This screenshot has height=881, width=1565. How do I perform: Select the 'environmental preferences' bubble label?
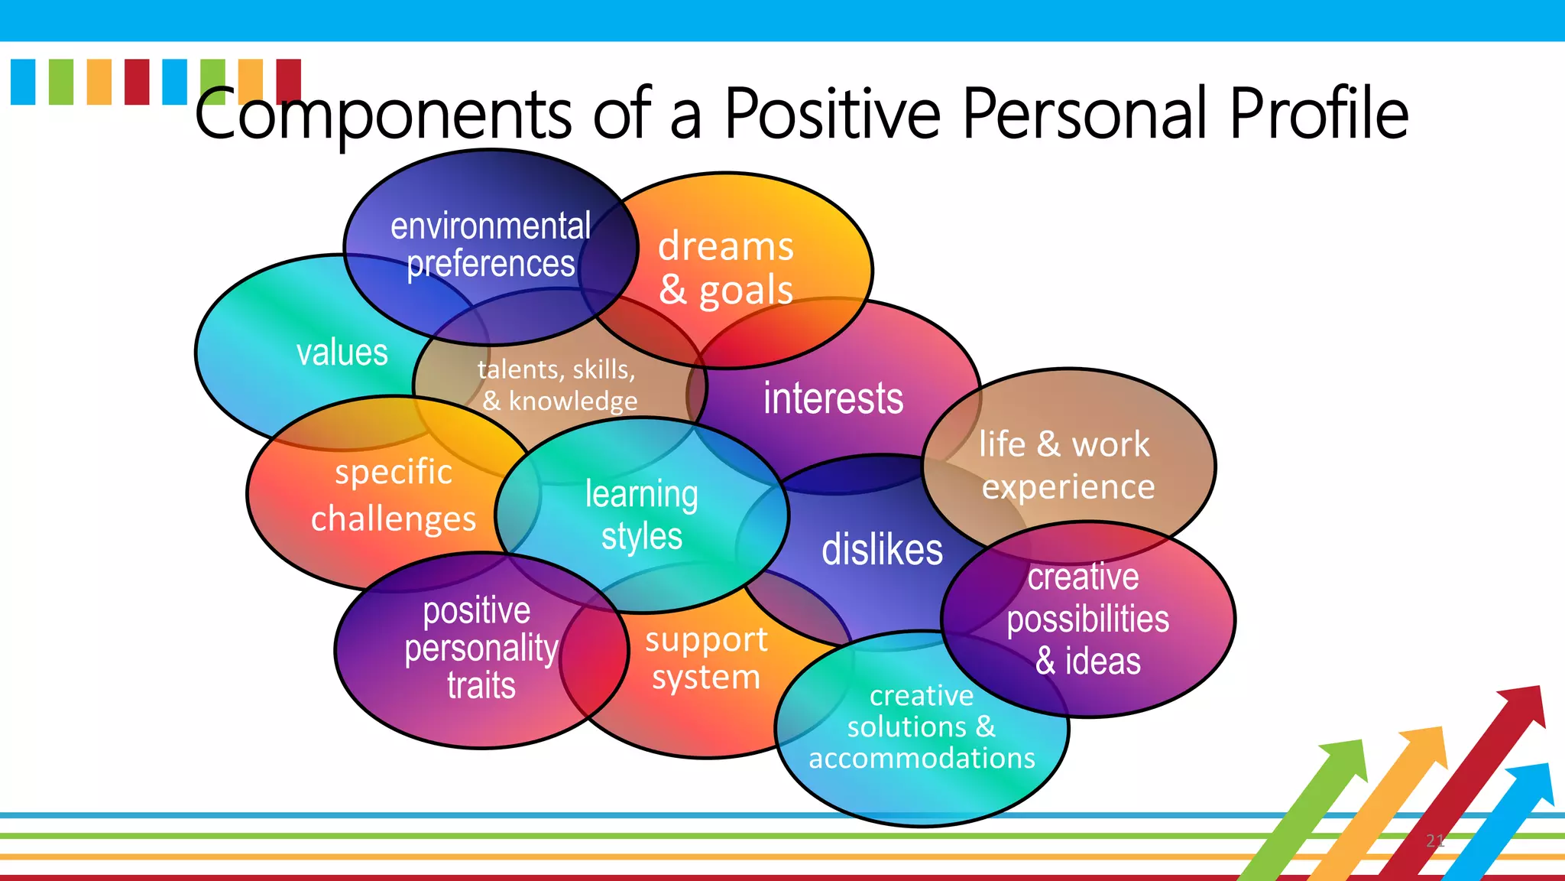tap(491, 245)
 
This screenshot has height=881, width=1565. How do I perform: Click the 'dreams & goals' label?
tap(726, 268)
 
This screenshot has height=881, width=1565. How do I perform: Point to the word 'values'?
tap(342, 353)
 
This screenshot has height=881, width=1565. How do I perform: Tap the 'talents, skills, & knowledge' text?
tap(558, 385)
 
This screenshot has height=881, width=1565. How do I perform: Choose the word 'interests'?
tap(833, 398)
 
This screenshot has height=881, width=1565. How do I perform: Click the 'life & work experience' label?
tap(1067, 465)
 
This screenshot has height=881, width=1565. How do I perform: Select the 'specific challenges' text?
tap(394, 495)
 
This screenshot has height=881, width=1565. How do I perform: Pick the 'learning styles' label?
tap(642, 515)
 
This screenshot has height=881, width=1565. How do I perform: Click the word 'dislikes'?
tap(882, 550)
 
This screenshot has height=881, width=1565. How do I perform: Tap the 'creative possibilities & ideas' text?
tap(1087, 619)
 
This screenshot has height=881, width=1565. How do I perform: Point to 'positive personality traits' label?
tap(480, 648)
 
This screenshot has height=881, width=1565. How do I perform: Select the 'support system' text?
tap(705, 658)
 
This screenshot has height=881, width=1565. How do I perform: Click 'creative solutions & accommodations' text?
tap(922, 727)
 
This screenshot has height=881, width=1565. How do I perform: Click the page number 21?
tap(1434, 841)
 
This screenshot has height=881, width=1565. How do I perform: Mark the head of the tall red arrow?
tap(1524, 704)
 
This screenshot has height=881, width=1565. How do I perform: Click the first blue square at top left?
tap(23, 81)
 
